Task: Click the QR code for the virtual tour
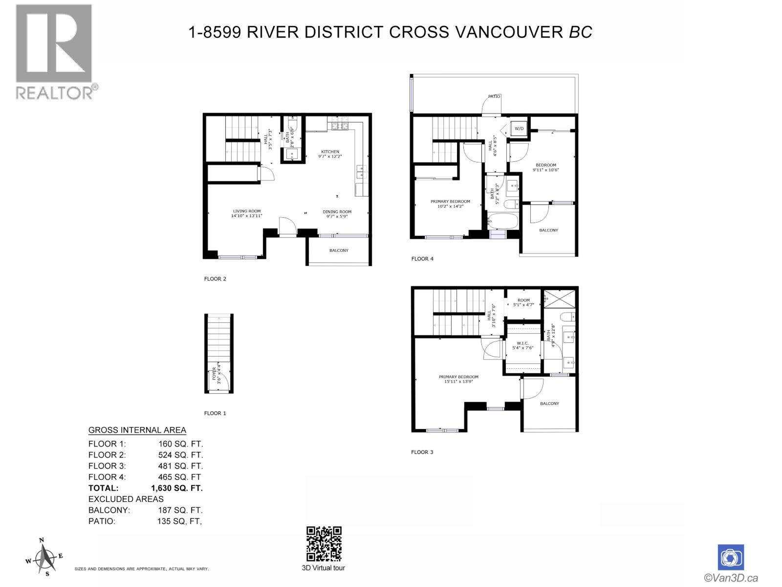[x=324, y=544]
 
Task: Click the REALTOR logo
[x=54, y=51]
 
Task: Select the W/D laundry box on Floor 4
[x=519, y=129]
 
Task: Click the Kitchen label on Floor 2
[x=330, y=152]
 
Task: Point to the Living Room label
[x=247, y=211]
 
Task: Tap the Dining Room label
[x=337, y=212]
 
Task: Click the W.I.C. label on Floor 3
[x=523, y=343]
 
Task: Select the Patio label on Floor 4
[x=494, y=96]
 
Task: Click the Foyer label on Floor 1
[x=214, y=374]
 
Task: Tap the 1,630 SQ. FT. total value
[x=177, y=488]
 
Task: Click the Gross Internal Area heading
[x=137, y=430]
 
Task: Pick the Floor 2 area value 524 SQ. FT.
[x=180, y=455]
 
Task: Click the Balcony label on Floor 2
[x=339, y=250]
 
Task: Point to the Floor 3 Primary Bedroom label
[x=458, y=377]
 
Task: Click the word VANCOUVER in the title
[x=509, y=32]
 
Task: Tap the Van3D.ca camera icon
[x=731, y=558]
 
